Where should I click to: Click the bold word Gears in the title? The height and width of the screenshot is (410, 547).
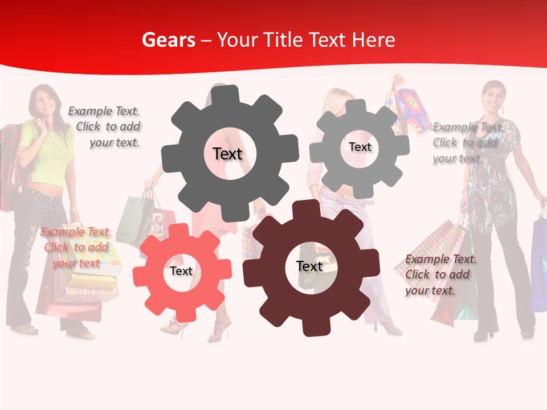coord(168,40)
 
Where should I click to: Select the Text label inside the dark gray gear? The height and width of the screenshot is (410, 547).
coord(228,154)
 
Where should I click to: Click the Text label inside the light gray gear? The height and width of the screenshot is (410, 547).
coord(360,147)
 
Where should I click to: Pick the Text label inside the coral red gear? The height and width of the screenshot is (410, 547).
coord(181,271)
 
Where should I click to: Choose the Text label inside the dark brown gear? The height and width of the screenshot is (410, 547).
coord(309,266)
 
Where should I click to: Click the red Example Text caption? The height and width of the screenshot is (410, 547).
coord(76,247)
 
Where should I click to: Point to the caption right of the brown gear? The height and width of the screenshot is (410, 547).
coord(440,274)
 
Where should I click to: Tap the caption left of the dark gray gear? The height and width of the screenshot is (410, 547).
coord(106,126)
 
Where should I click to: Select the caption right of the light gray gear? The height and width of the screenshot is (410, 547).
coord(468,142)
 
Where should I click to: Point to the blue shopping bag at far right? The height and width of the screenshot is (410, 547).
coord(538,262)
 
